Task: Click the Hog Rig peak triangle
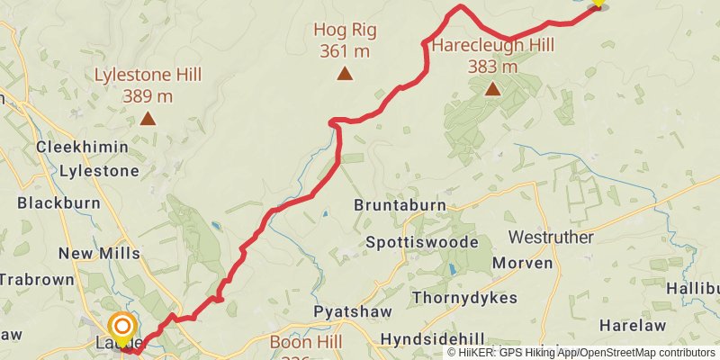point(345,74)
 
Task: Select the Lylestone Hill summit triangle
point(147,118)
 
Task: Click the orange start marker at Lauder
point(121,327)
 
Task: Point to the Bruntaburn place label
point(400,206)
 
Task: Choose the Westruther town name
point(551,238)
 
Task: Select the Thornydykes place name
point(464,297)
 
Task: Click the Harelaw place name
point(632,325)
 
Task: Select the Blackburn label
point(55,202)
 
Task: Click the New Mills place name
point(99,253)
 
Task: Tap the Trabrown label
point(36,280)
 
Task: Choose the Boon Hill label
point(307,343)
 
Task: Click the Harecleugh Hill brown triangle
point(492,88)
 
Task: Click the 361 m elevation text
point(345,50)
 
